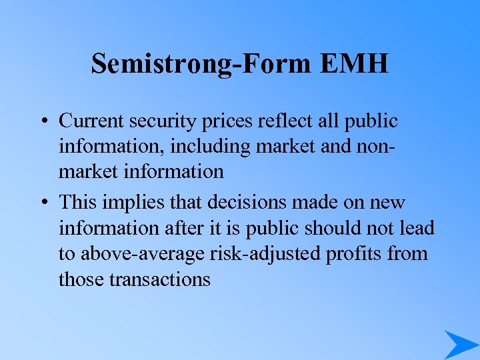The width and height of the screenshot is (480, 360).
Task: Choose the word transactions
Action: [159, 279]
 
